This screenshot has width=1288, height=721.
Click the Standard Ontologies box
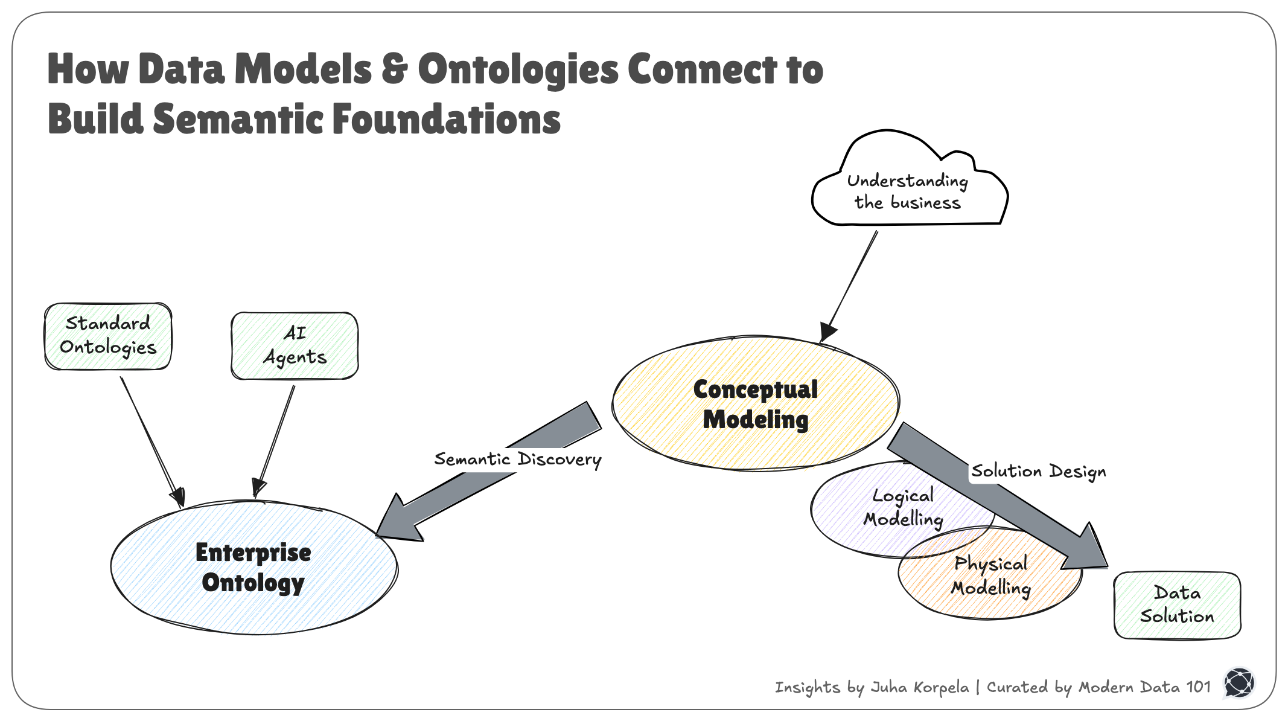tap(108, 336)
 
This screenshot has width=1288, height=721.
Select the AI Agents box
tap(295, 345)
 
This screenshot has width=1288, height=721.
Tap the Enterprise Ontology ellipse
tap(253, 568)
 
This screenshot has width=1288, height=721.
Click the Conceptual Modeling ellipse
tap(755, 403)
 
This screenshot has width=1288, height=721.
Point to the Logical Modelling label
tap(903, 507)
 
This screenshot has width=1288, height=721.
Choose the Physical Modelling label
tap(990, 575)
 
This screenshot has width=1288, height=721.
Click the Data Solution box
tap(1176, 605)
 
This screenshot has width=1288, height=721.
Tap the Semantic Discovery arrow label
tap(518, 460)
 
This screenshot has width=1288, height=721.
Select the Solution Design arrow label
tap(1038, 471)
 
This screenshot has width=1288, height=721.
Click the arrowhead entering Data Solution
tap(1086, 550)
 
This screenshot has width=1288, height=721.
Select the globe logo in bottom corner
tap(1239, 684)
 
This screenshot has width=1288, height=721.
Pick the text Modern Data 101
tap(1144, 687)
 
